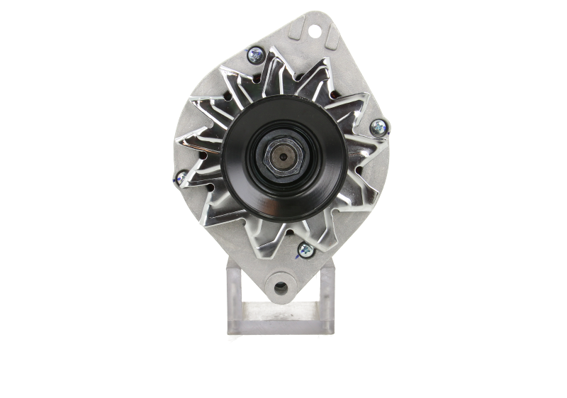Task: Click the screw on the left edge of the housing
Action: [x=180, y=178]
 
